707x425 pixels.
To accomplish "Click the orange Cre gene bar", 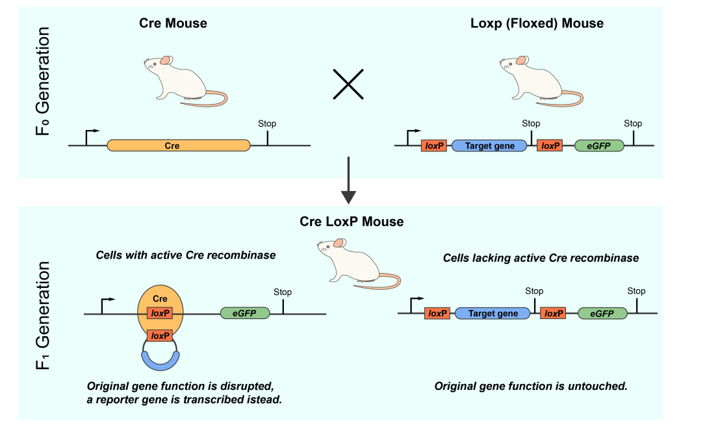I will pyautogui.click(x=178, y=146).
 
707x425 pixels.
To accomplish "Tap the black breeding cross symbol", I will pyautogui.click(x=348, y=84).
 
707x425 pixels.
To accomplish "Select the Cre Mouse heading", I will pyautogui.click(x=173, y=23).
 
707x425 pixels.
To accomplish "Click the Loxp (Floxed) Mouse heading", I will pyautogui.click(x=537, y=23).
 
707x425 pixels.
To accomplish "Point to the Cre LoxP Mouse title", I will pyautogui.click(x=352, y=222).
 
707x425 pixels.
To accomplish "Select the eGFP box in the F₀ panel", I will pyautogui.click(x=599, y=146).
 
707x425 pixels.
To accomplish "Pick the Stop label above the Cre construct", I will pyautogui.click(x=267, y=124).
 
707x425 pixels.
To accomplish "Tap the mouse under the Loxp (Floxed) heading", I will pyautogui.click(x=539, y=81).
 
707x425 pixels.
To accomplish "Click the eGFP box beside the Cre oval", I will pyautogui.click(x=244, y=313).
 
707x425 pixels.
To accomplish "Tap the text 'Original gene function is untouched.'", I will pyautogui.click(x=530, y=387).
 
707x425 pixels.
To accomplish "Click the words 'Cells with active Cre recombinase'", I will pyautogui.click(x=186, y=255).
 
